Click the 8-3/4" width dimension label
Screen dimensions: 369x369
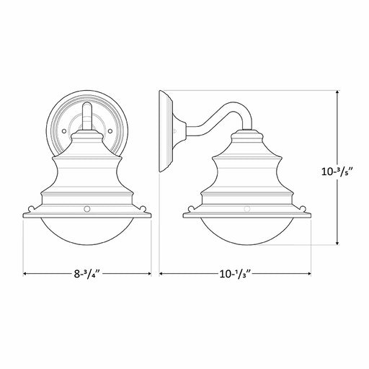pos(86,274)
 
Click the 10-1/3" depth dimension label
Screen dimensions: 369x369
pos(235,274)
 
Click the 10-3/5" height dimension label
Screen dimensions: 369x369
pos(337,172)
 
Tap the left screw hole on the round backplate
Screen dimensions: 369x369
pos(64,131)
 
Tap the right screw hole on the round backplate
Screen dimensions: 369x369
pos(110,131)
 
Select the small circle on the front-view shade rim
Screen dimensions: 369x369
pos(87,209)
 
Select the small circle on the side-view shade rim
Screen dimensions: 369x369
pos(247,209)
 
